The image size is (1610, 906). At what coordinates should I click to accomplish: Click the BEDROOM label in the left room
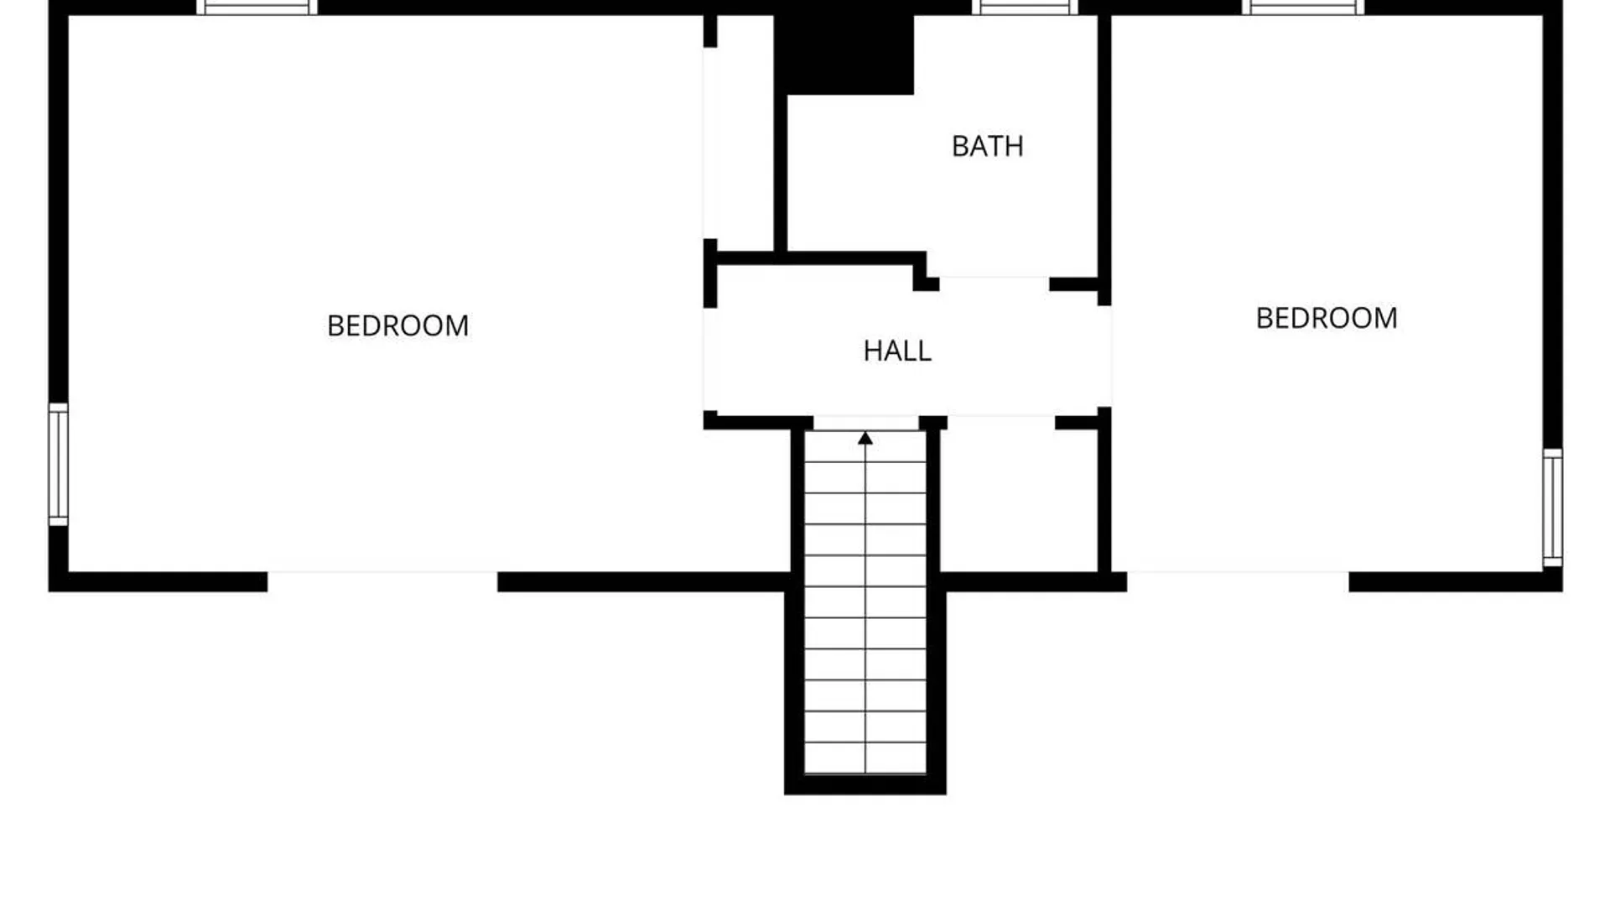point(397,325)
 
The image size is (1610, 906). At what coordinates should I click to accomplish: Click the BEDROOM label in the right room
point(1327,318)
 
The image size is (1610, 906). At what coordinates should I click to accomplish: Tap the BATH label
point(988,146)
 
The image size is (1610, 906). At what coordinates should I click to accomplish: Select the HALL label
point(897,351)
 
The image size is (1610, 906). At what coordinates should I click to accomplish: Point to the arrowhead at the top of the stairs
point(865,438)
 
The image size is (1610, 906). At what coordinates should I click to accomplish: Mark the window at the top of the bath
point(1025,8)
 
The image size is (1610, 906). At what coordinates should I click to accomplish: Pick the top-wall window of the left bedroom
point(257,8)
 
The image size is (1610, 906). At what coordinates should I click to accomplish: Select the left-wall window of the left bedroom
point(58,465)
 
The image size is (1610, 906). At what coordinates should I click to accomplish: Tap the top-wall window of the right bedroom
point(1303,8)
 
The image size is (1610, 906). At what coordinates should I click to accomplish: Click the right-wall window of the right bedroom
point(1553,508)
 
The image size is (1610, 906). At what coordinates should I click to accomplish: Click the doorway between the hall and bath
point(995,284)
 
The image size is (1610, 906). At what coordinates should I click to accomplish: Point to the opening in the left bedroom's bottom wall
point(382,581)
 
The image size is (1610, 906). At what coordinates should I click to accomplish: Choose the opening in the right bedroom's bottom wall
point(1238,581)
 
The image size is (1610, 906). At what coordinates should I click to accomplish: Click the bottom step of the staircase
point(865,758)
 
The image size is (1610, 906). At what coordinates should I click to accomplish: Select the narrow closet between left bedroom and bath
point(739,134)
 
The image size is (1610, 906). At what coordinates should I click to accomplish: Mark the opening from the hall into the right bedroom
point(1105,357)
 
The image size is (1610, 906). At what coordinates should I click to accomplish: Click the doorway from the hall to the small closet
point(1001,423)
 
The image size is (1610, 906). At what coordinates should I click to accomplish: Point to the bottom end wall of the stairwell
point(865,784)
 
